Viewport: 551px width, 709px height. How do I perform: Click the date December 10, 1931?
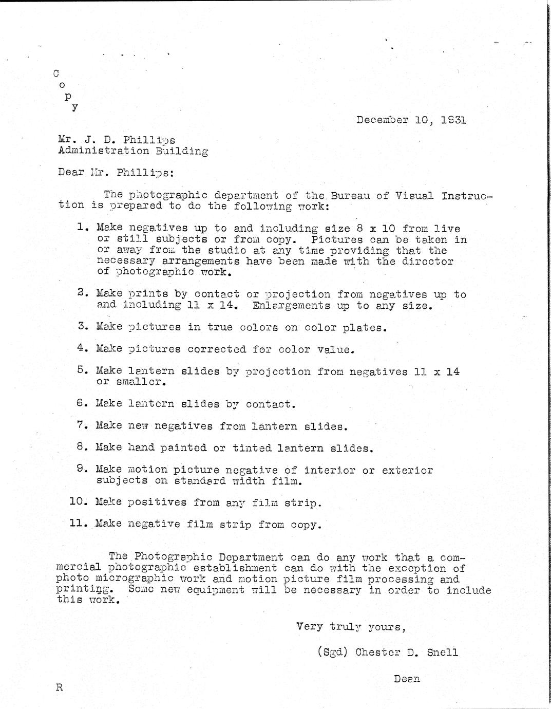coord(411,120)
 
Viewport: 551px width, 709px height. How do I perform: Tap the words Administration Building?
coord(133,151)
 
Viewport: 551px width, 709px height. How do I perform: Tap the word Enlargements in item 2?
coord(291,305)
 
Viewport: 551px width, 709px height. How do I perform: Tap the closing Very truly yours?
coord(351,627)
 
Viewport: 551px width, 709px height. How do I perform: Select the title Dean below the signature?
coord(407,679)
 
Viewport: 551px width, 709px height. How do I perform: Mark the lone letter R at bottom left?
coord(59,687)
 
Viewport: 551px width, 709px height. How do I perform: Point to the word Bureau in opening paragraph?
coord(351,196)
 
